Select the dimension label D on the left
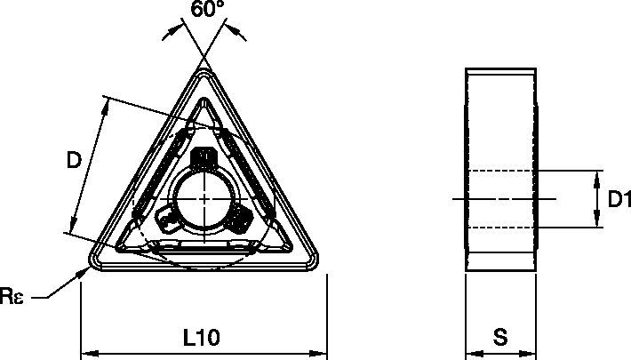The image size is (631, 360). tap(75, 160)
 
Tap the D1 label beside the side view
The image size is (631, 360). tap(618, 200)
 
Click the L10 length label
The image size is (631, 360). tap(202, 337)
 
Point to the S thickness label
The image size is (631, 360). tap(501, 337)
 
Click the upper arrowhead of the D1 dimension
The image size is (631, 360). tap(595, 175)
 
